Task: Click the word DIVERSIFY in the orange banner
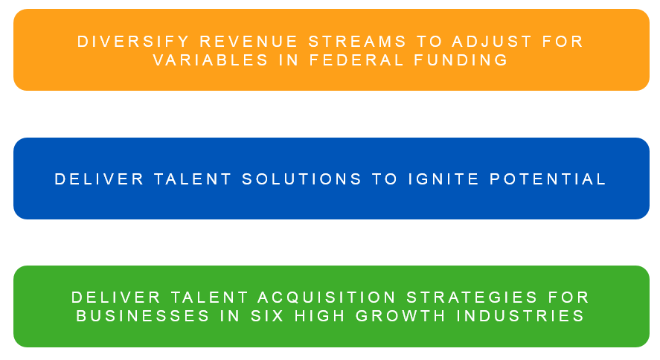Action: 133,42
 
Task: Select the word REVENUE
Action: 249,42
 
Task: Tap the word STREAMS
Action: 357,42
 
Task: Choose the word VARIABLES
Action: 211,60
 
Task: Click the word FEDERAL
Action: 356,60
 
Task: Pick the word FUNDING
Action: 461,60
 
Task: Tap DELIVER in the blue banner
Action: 100,179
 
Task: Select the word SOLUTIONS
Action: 301,179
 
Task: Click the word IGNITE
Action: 443,179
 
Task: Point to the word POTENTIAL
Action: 547,179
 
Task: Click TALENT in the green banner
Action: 209,298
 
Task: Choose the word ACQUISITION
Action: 327,298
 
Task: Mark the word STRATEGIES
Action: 472,298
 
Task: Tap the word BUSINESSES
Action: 143,316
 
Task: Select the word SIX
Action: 267,316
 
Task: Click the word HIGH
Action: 320,316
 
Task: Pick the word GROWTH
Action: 401,316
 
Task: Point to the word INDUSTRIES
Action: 520,316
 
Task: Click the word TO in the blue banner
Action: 385,179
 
